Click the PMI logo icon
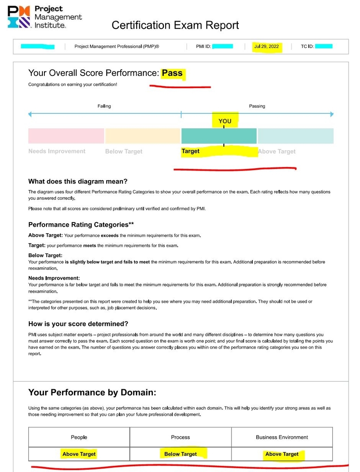[19, 17]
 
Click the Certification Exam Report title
[175, 25]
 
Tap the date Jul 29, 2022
[266, 46]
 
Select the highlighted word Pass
[172, 73]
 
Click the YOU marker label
[225, 121]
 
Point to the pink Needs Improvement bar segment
[66, 136]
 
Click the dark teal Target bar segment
[219, 136]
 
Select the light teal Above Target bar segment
[296, 136]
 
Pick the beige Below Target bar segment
[143, 136]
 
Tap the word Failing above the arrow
[104, 106]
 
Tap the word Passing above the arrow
[257, 106]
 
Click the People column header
[79, 437]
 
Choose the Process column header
[180, 437]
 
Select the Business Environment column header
[282, 437]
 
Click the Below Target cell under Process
[180, 454]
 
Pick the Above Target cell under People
[79, 454]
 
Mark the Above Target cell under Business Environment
[282, 454]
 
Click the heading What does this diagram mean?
[78, 182]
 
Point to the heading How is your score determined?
[78, 324]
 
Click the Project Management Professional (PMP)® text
[117, 46]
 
